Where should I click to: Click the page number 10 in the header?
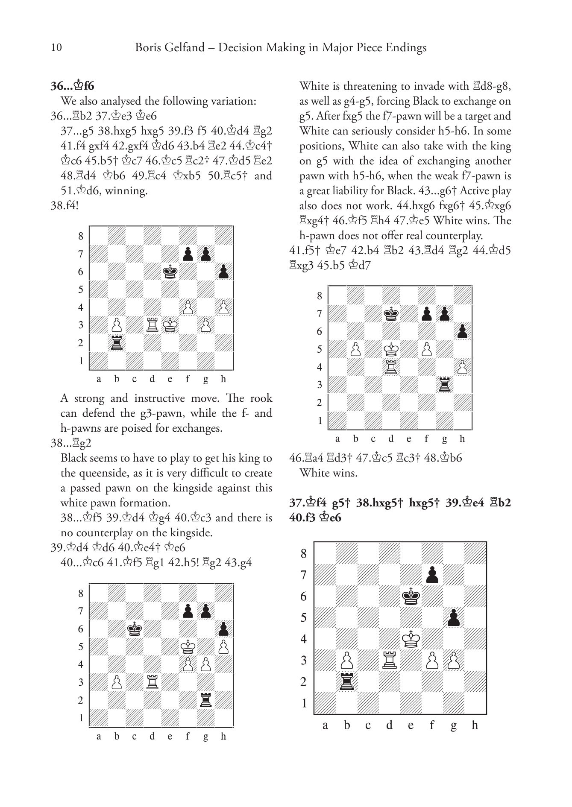coord(56,47)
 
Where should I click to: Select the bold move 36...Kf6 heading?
coord(72,86)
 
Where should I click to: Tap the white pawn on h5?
coord(223,647)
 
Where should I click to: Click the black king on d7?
coord(391,314)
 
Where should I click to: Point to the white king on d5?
coord(391,349)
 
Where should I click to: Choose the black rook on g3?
coord(444,385)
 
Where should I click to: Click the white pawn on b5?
coord(355,349)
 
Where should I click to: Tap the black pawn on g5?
coord(454,618)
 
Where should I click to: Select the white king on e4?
coord(411,639)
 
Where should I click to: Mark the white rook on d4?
coord(391,367)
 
